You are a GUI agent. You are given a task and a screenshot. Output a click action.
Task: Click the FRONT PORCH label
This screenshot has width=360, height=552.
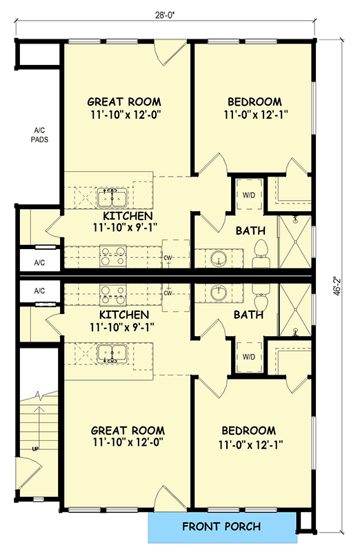click(x=221, y=527)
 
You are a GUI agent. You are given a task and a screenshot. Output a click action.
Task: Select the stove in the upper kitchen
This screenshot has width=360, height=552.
click(x=112, y=257)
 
